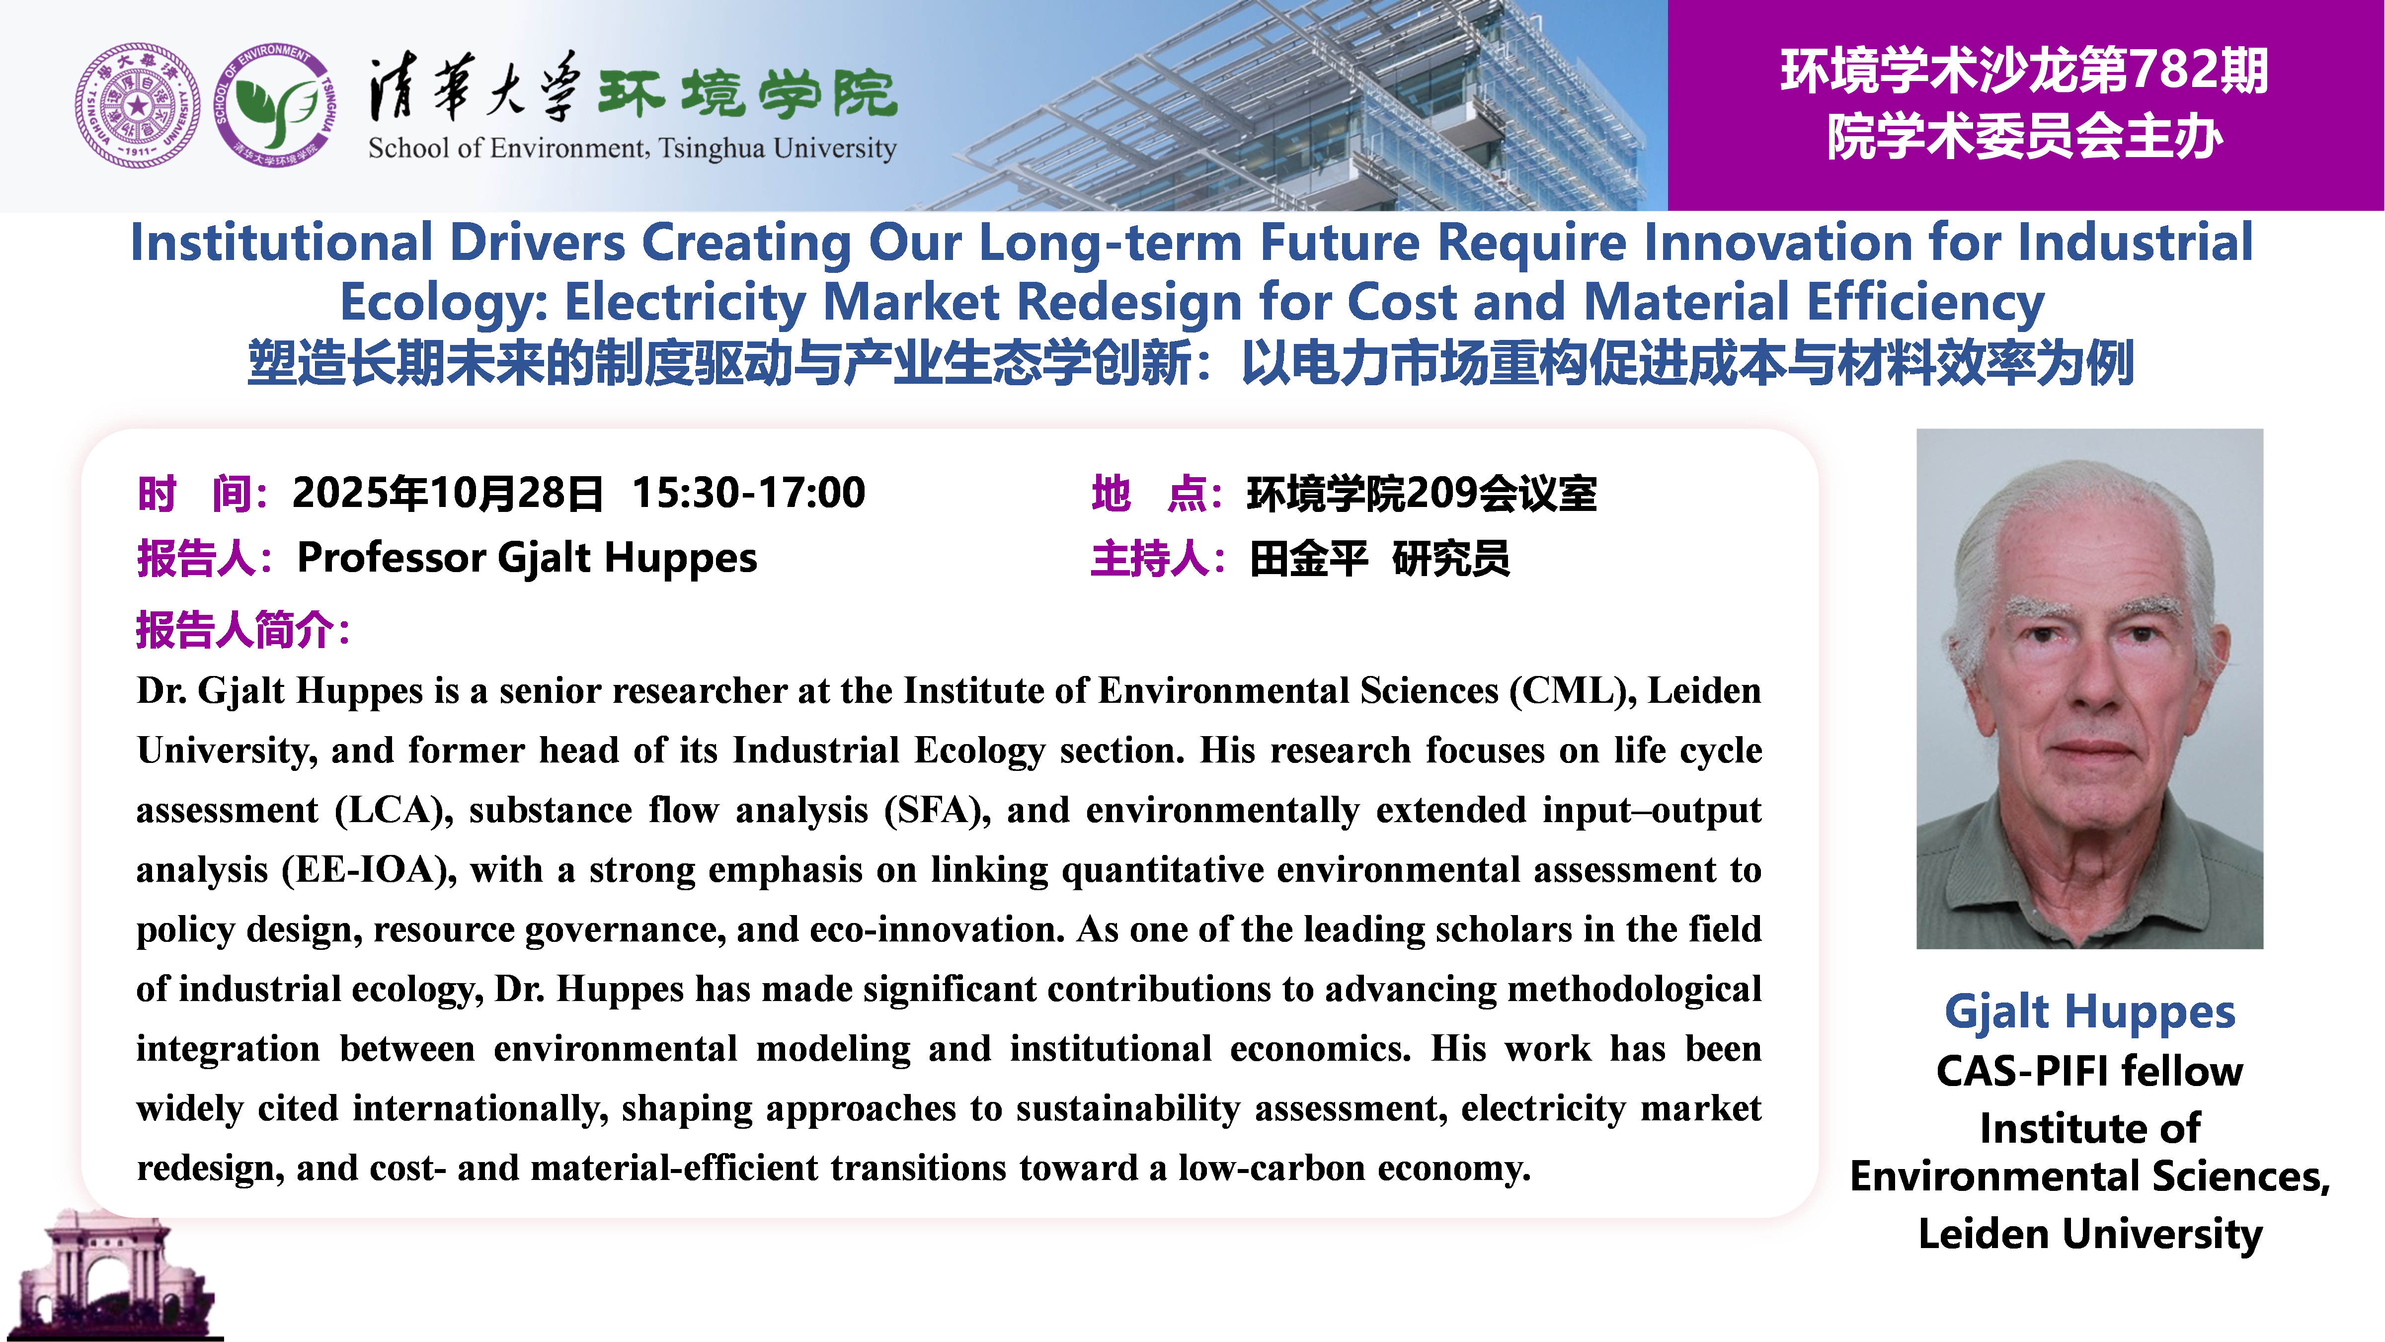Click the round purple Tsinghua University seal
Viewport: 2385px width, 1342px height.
(137, 105)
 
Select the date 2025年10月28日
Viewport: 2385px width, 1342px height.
(447, 493)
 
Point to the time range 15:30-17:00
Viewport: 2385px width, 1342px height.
(748, 493)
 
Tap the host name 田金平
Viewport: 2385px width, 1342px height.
(1308, 559)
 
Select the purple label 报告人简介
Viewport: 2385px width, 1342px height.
(242, 630)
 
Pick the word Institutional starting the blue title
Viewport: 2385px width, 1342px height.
(281, 243)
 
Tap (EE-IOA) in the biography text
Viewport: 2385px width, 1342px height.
(369, 871)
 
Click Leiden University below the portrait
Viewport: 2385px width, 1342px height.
(2090, 1235)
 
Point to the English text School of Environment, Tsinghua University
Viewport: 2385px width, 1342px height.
(633, 148)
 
